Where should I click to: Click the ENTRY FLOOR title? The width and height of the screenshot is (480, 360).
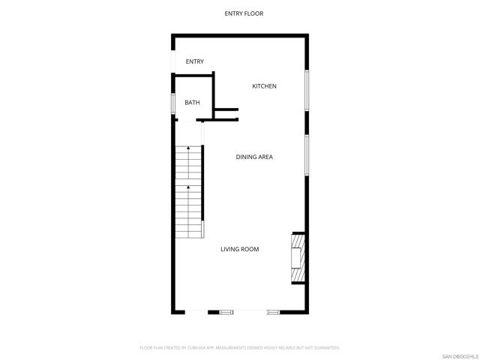(244, 13)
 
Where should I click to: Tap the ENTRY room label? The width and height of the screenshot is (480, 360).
(195, 61)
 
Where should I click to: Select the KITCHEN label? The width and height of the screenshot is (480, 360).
(264, 86)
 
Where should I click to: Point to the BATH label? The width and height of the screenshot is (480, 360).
(192, 102)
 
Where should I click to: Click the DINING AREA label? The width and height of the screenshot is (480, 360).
(254, 157)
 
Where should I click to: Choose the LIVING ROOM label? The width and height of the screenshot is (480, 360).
(240, 249)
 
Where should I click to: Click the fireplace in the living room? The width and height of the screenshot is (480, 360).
(298, 259)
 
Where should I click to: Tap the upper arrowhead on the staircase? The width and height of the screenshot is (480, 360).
(187, 148)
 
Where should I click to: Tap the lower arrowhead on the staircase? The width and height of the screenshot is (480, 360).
(187, 187)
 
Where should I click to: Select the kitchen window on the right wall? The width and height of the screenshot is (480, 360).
(306, 91)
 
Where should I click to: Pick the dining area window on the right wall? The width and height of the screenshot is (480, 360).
(306, 155)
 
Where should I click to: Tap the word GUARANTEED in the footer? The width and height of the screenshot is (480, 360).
(324, 348)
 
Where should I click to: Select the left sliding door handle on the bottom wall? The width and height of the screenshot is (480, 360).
(226, 311)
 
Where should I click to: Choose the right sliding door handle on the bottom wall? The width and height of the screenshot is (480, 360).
(273, 311)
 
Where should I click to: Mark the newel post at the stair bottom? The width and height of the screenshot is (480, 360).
(203, 229)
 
